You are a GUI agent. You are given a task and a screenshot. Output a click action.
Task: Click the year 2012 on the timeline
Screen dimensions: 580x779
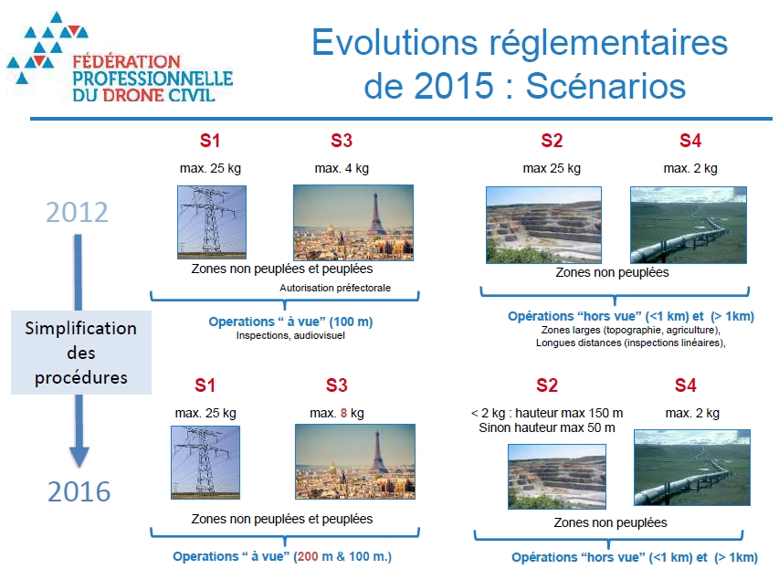coord(78,212)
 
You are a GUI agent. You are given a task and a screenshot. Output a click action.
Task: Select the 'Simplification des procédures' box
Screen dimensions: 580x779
coord(80,353)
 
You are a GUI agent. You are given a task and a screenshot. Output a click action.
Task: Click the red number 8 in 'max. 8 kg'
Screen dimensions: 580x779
coord(342,414)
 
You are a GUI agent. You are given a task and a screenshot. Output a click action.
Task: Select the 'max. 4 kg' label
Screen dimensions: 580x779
coord(342,168)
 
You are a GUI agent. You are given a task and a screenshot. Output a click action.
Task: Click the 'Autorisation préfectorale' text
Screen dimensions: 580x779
coord(335,288)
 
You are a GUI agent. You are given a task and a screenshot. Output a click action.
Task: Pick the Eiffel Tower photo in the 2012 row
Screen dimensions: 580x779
coord(353,222)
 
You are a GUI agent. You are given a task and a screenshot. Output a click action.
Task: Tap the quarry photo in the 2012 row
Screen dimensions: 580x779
coord(543,224)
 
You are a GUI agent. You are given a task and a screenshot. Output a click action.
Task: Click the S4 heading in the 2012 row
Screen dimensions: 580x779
coord(690,141)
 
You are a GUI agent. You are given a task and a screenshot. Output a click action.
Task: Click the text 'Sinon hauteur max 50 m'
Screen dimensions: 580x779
coord(545,427)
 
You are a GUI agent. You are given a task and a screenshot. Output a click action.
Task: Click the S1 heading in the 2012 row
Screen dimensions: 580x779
coord(210,141)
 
